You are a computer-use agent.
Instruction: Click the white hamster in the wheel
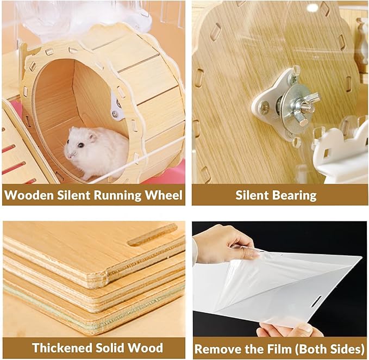(x=95, y=150)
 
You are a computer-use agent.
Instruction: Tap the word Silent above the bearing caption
(x=254, y=195)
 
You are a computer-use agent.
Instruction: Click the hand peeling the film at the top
(x=223, y=242)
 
